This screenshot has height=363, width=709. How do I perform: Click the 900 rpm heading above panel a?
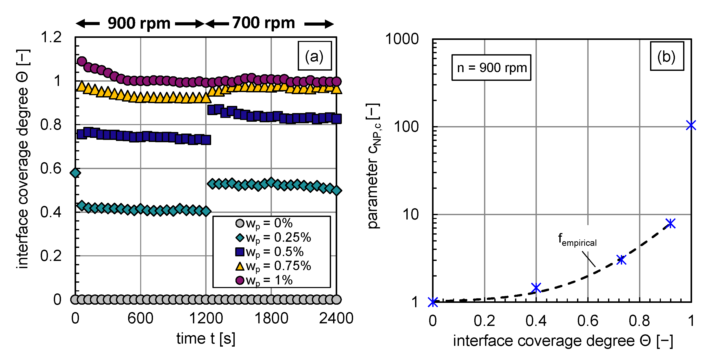(x=139, y=23)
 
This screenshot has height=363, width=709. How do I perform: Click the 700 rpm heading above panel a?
(x=263, y=23)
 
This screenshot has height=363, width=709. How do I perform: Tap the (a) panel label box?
(x=315, y=56)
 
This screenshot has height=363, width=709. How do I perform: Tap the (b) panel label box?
(x=667, y=56)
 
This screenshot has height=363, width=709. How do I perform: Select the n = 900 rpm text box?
(x=491, y=68)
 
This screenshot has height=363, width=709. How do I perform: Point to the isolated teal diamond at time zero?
(x=75, y=173)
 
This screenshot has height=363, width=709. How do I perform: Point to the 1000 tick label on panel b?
(x=402, y=39)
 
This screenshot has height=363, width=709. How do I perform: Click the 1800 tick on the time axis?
(x=271, y=318)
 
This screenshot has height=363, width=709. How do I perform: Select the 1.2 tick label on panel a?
(x=51, y=37)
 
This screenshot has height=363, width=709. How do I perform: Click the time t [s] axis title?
(x=206, y=338)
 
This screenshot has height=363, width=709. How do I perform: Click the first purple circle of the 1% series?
(x=82, y=61)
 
